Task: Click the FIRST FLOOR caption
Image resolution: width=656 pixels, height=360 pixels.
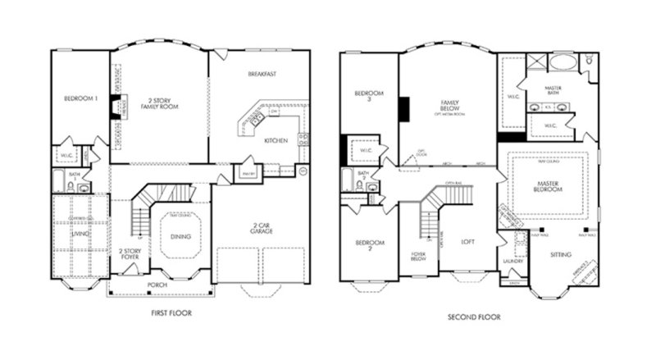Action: [171, 313]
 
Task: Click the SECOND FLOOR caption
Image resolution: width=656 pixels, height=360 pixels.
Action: [474, 317]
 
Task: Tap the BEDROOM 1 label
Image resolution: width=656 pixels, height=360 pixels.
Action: [81, 99]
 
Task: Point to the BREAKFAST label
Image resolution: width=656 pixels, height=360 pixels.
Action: [262, 74]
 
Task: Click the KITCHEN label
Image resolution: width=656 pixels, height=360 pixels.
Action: [276, 141]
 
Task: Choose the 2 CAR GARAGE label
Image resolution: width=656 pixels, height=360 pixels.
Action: [262, 229]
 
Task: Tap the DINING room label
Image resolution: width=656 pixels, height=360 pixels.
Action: [180, 237]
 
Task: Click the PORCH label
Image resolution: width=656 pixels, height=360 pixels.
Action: [157, 285]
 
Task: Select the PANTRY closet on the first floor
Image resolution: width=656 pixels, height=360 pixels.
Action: [247, 173]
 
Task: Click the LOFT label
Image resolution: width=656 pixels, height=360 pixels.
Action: [468, 242]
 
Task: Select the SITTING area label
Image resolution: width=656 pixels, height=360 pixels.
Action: [561, 254]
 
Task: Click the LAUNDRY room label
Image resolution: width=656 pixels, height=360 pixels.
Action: [513, 262]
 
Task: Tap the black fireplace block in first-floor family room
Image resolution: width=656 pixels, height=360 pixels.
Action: [116, 105]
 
